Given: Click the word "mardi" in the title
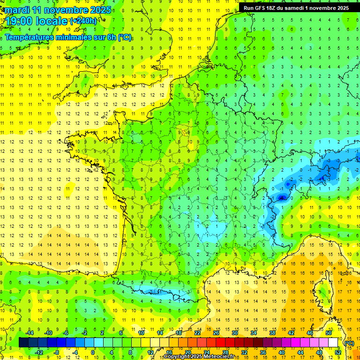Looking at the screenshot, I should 17,10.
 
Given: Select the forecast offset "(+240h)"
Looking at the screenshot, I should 83,21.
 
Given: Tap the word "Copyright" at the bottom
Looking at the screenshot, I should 178,357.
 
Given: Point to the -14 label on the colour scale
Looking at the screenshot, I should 30,333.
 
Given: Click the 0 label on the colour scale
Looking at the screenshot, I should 93,352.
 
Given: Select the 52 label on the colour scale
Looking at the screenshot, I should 337,352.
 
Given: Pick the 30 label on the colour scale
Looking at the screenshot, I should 234,333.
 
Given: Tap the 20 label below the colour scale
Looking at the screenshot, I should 187,352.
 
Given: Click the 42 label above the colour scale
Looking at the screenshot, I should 291,333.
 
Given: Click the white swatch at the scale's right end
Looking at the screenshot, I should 333,343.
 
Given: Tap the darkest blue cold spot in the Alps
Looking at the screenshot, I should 281,198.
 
